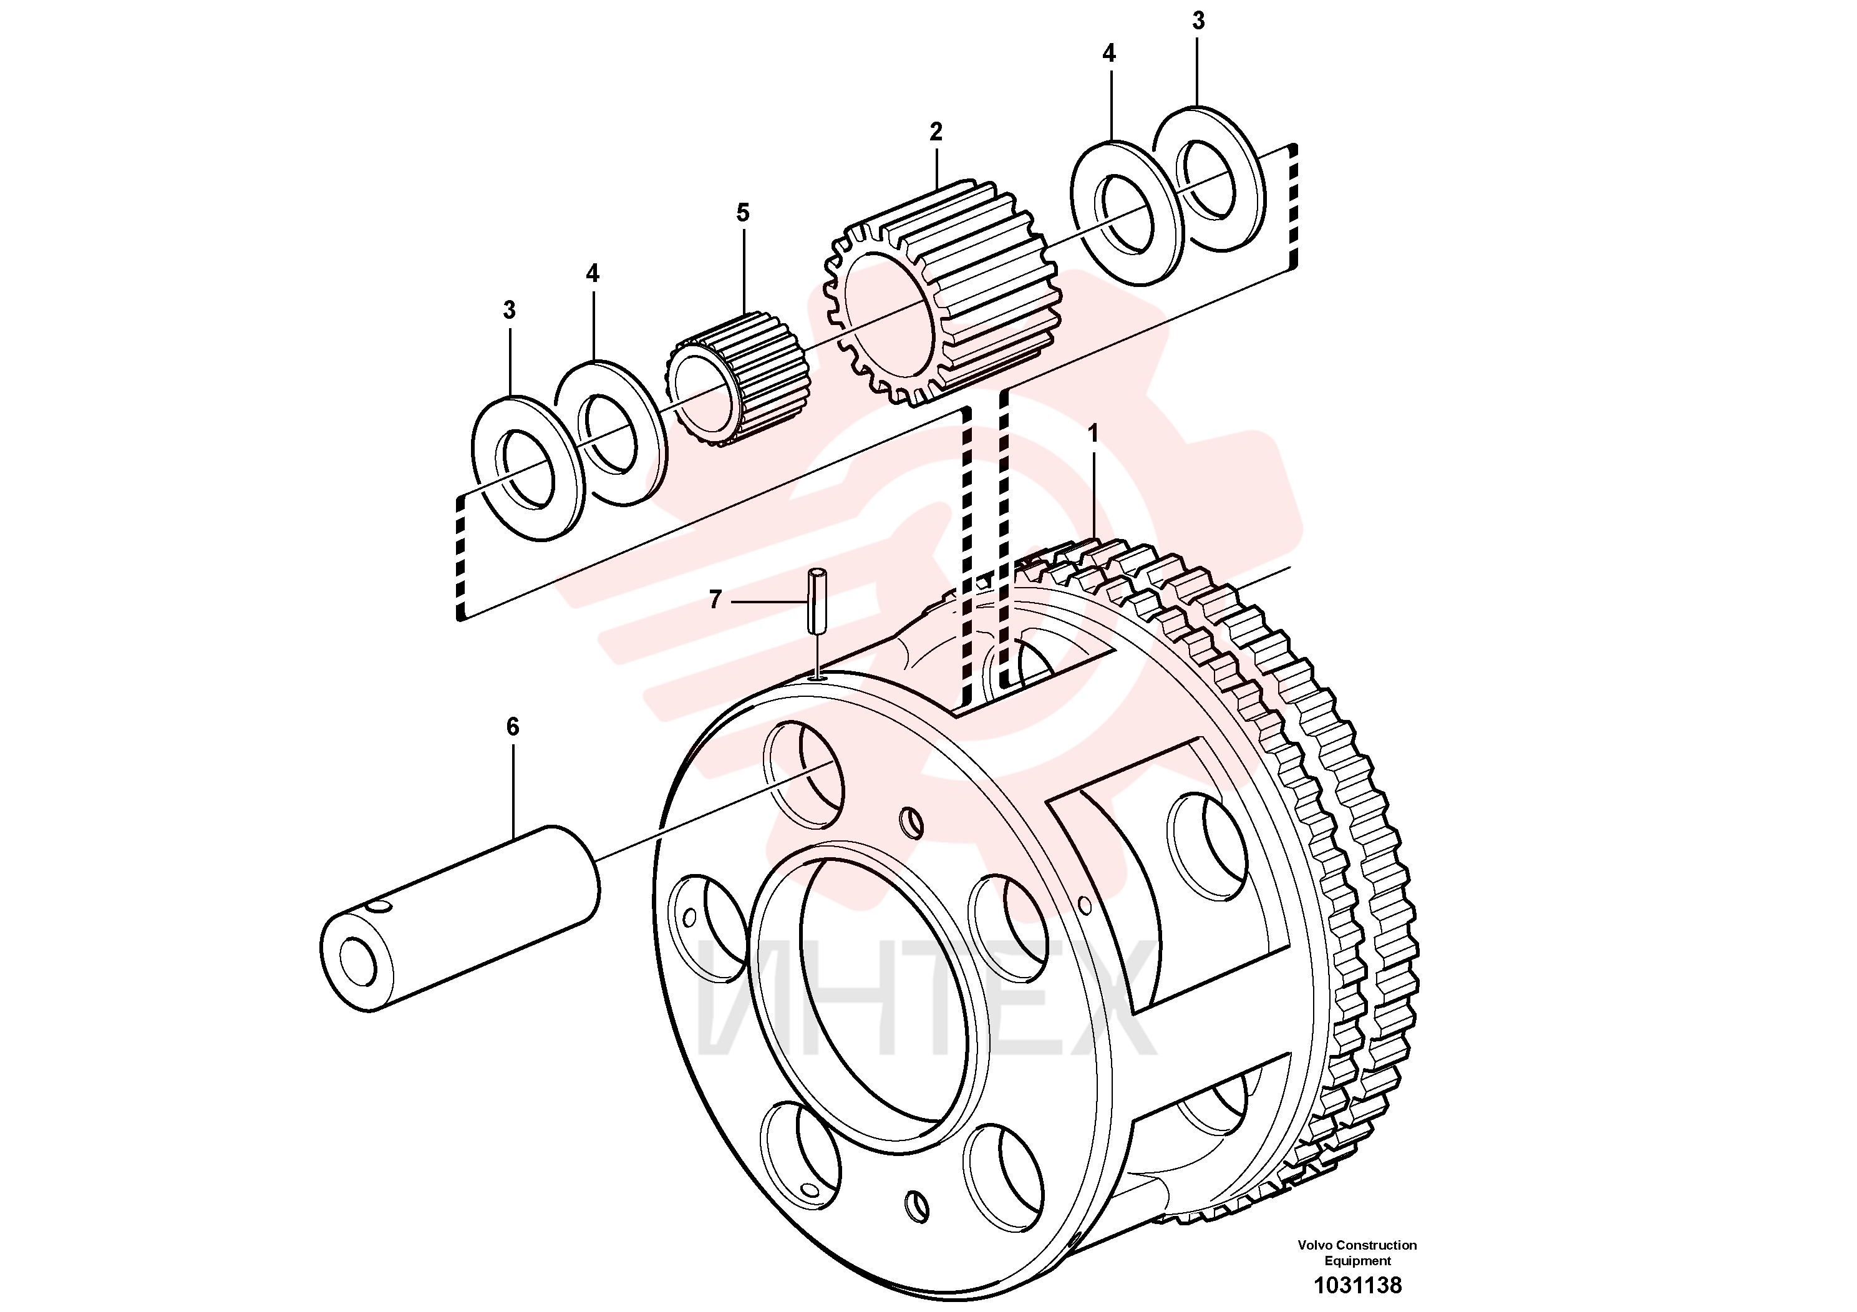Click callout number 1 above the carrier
pos(1093,434)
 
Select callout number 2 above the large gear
pos(936,132)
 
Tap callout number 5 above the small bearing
pos(742,213)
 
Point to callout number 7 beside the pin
pos(715,600)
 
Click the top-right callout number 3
pos(1199,21)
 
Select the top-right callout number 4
pos(1109,54)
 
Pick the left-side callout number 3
pos(509,310)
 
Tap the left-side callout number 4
pos(593,273)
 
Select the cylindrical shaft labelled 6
pos(460,918)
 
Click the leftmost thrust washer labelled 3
pos(527,469)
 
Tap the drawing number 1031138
pos(1357,1285)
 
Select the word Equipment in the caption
pos(1357,1261)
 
